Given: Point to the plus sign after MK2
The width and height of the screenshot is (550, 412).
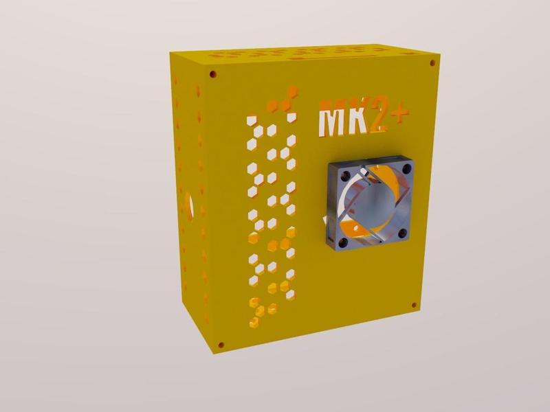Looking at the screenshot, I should pos(397,118).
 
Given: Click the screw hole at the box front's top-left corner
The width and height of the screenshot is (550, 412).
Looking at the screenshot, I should pos(213,72).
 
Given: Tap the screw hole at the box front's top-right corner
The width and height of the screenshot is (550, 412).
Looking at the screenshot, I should pos(432,62).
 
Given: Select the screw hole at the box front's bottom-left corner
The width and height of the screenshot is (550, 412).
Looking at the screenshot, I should pos(221,344).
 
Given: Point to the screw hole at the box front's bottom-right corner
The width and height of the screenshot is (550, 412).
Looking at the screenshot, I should pos(413,305).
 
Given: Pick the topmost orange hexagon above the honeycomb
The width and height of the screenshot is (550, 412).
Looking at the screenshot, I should pos(292,89).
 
